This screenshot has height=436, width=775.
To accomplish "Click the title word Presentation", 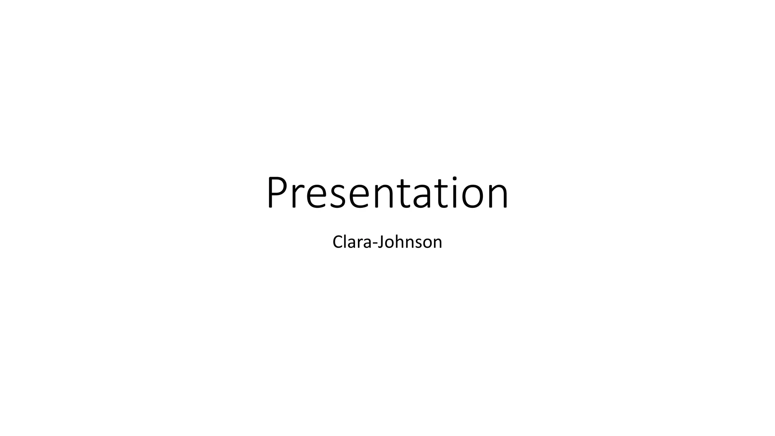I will coord(387,193).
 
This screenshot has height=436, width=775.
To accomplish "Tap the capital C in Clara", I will coord(338,242).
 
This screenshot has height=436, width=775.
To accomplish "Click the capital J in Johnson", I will coord(381,243).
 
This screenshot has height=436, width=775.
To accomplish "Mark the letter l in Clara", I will coord(346,241).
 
